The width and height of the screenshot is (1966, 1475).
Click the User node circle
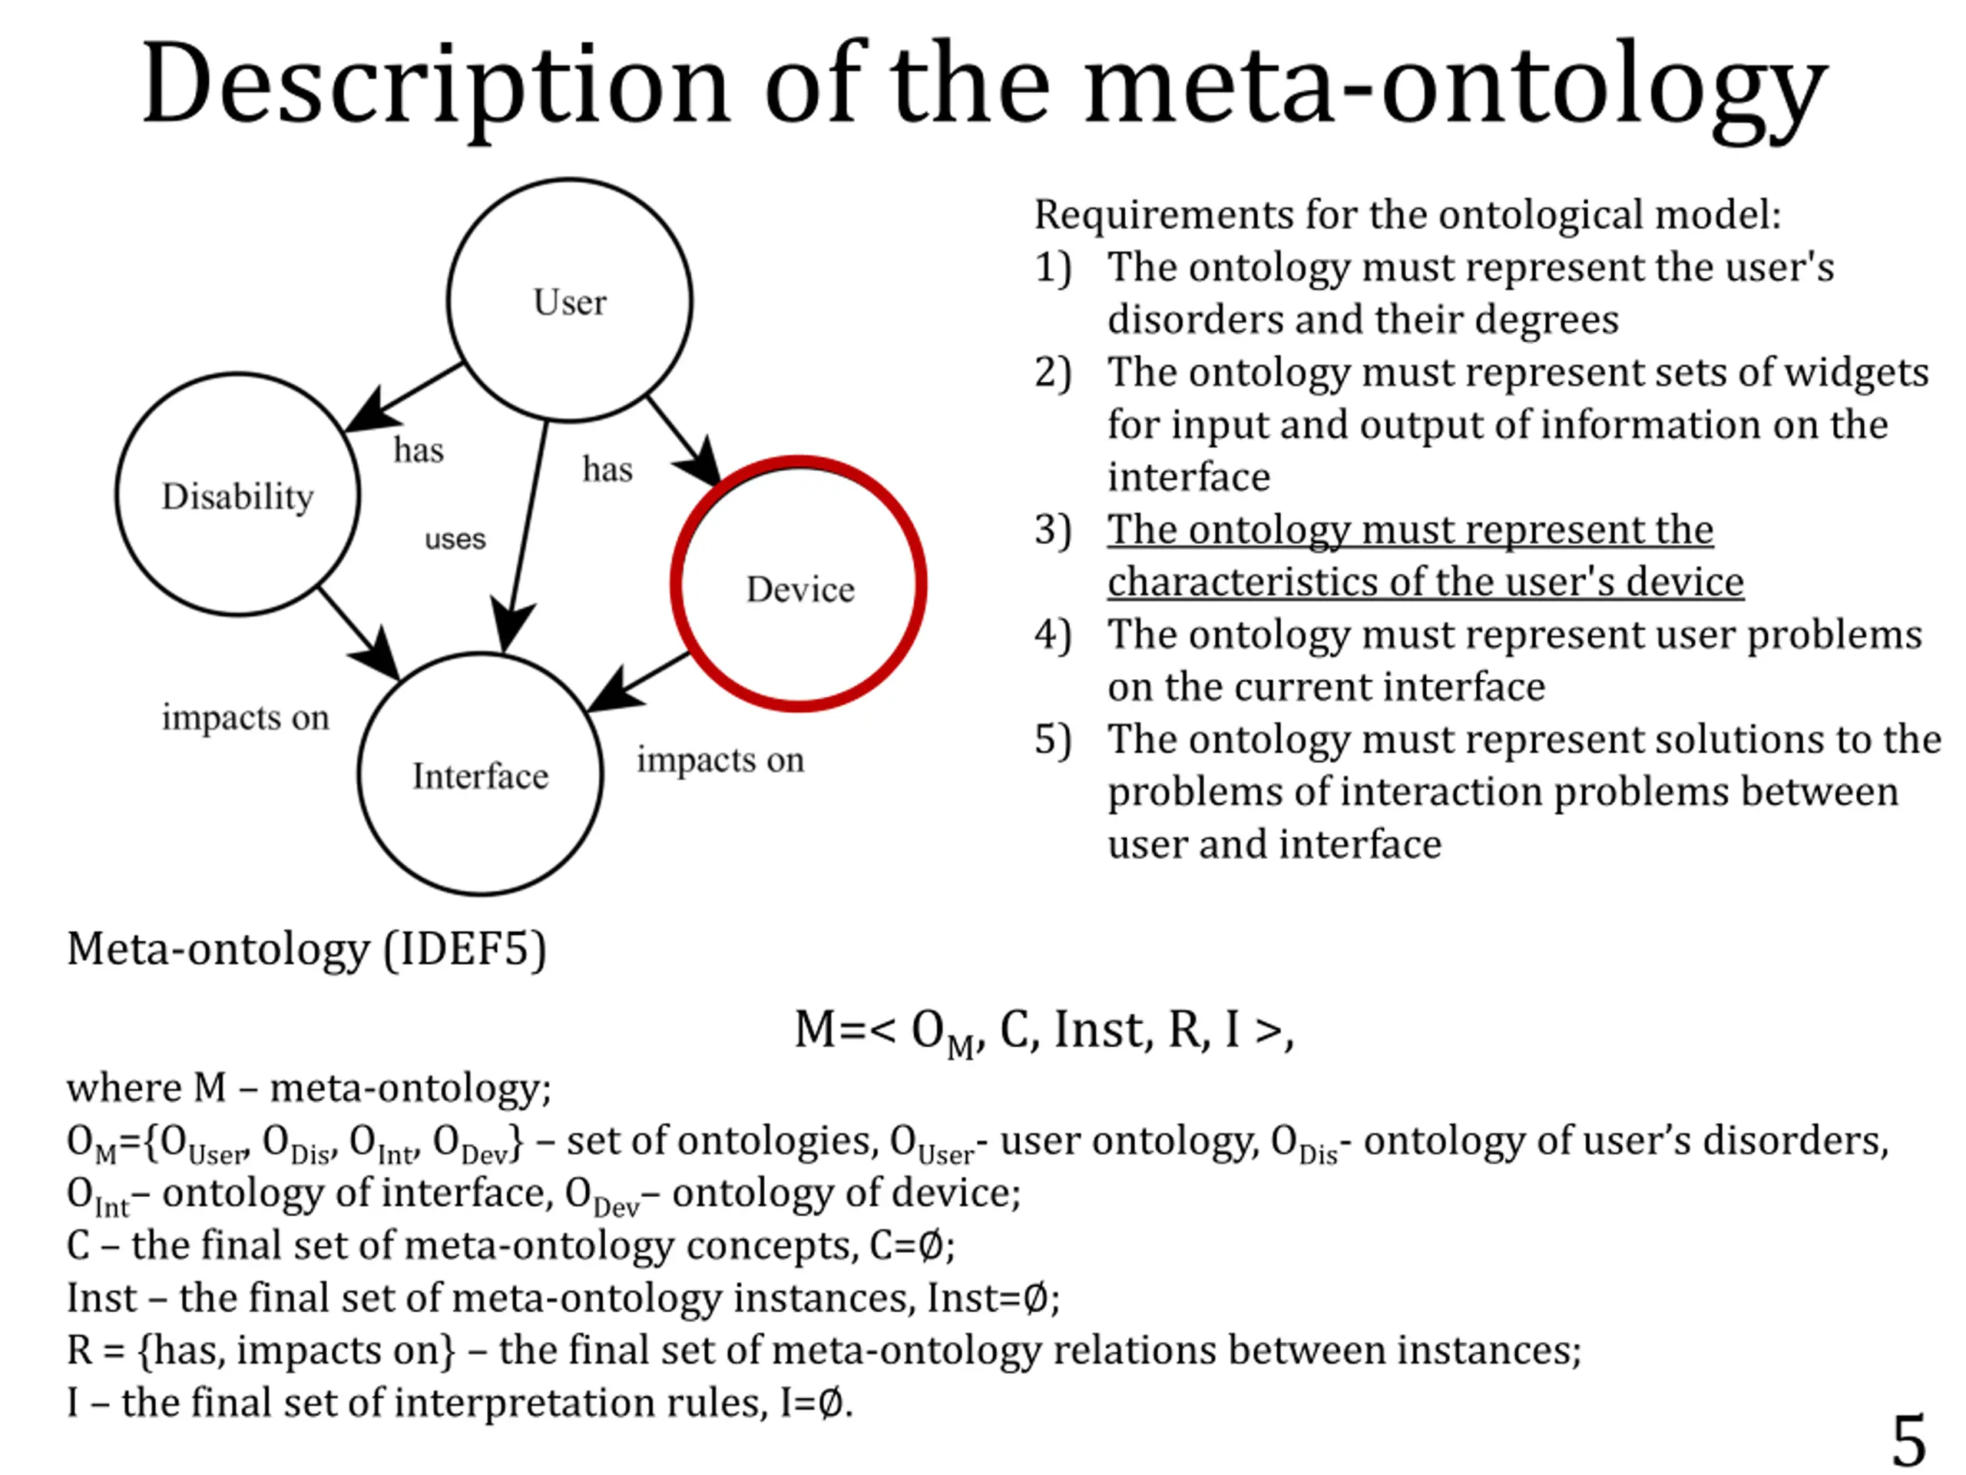tap(570, 300)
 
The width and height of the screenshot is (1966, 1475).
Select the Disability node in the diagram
tap(237, 494)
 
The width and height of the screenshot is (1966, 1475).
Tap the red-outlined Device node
tap(799, 586)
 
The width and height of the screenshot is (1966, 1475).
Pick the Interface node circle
tap(480, 774)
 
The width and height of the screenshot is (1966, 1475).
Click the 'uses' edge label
tap(455, 539)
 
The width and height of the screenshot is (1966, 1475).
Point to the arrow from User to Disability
tap(405, 397)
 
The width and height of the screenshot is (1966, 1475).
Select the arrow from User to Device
tap(683, 440)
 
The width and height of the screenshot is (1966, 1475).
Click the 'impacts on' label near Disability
tap(245, 717)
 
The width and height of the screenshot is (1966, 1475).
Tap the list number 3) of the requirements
tap(1052, 530)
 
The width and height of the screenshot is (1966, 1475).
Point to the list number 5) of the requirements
tap(1052, 740)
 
